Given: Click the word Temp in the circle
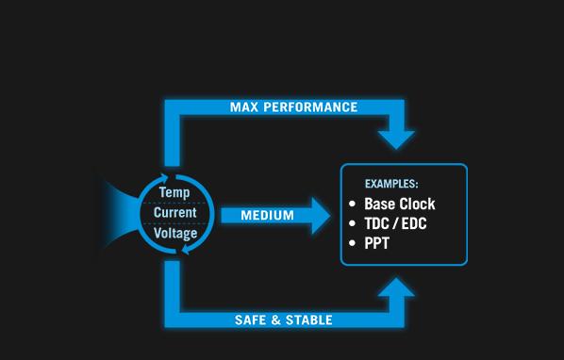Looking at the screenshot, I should tap(174, 193).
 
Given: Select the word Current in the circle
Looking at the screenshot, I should tap(175, 213).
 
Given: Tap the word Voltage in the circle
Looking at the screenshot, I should tap(175, 233).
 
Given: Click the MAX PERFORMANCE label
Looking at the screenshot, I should tap(294, 107).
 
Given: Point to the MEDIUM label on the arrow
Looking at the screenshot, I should tap(267, 216).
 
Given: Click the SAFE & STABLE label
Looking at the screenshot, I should tap(283, 320).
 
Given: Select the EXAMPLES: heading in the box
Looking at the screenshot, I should tap(391, 183).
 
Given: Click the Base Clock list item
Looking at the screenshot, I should tap(400, 205).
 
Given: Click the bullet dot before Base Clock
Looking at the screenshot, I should tap(353, 205).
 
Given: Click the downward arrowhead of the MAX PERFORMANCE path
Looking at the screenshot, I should tap(397, 138).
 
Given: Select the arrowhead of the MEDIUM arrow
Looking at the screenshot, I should tap(321, 216).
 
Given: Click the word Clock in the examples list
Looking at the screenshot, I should tap(418, 205).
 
